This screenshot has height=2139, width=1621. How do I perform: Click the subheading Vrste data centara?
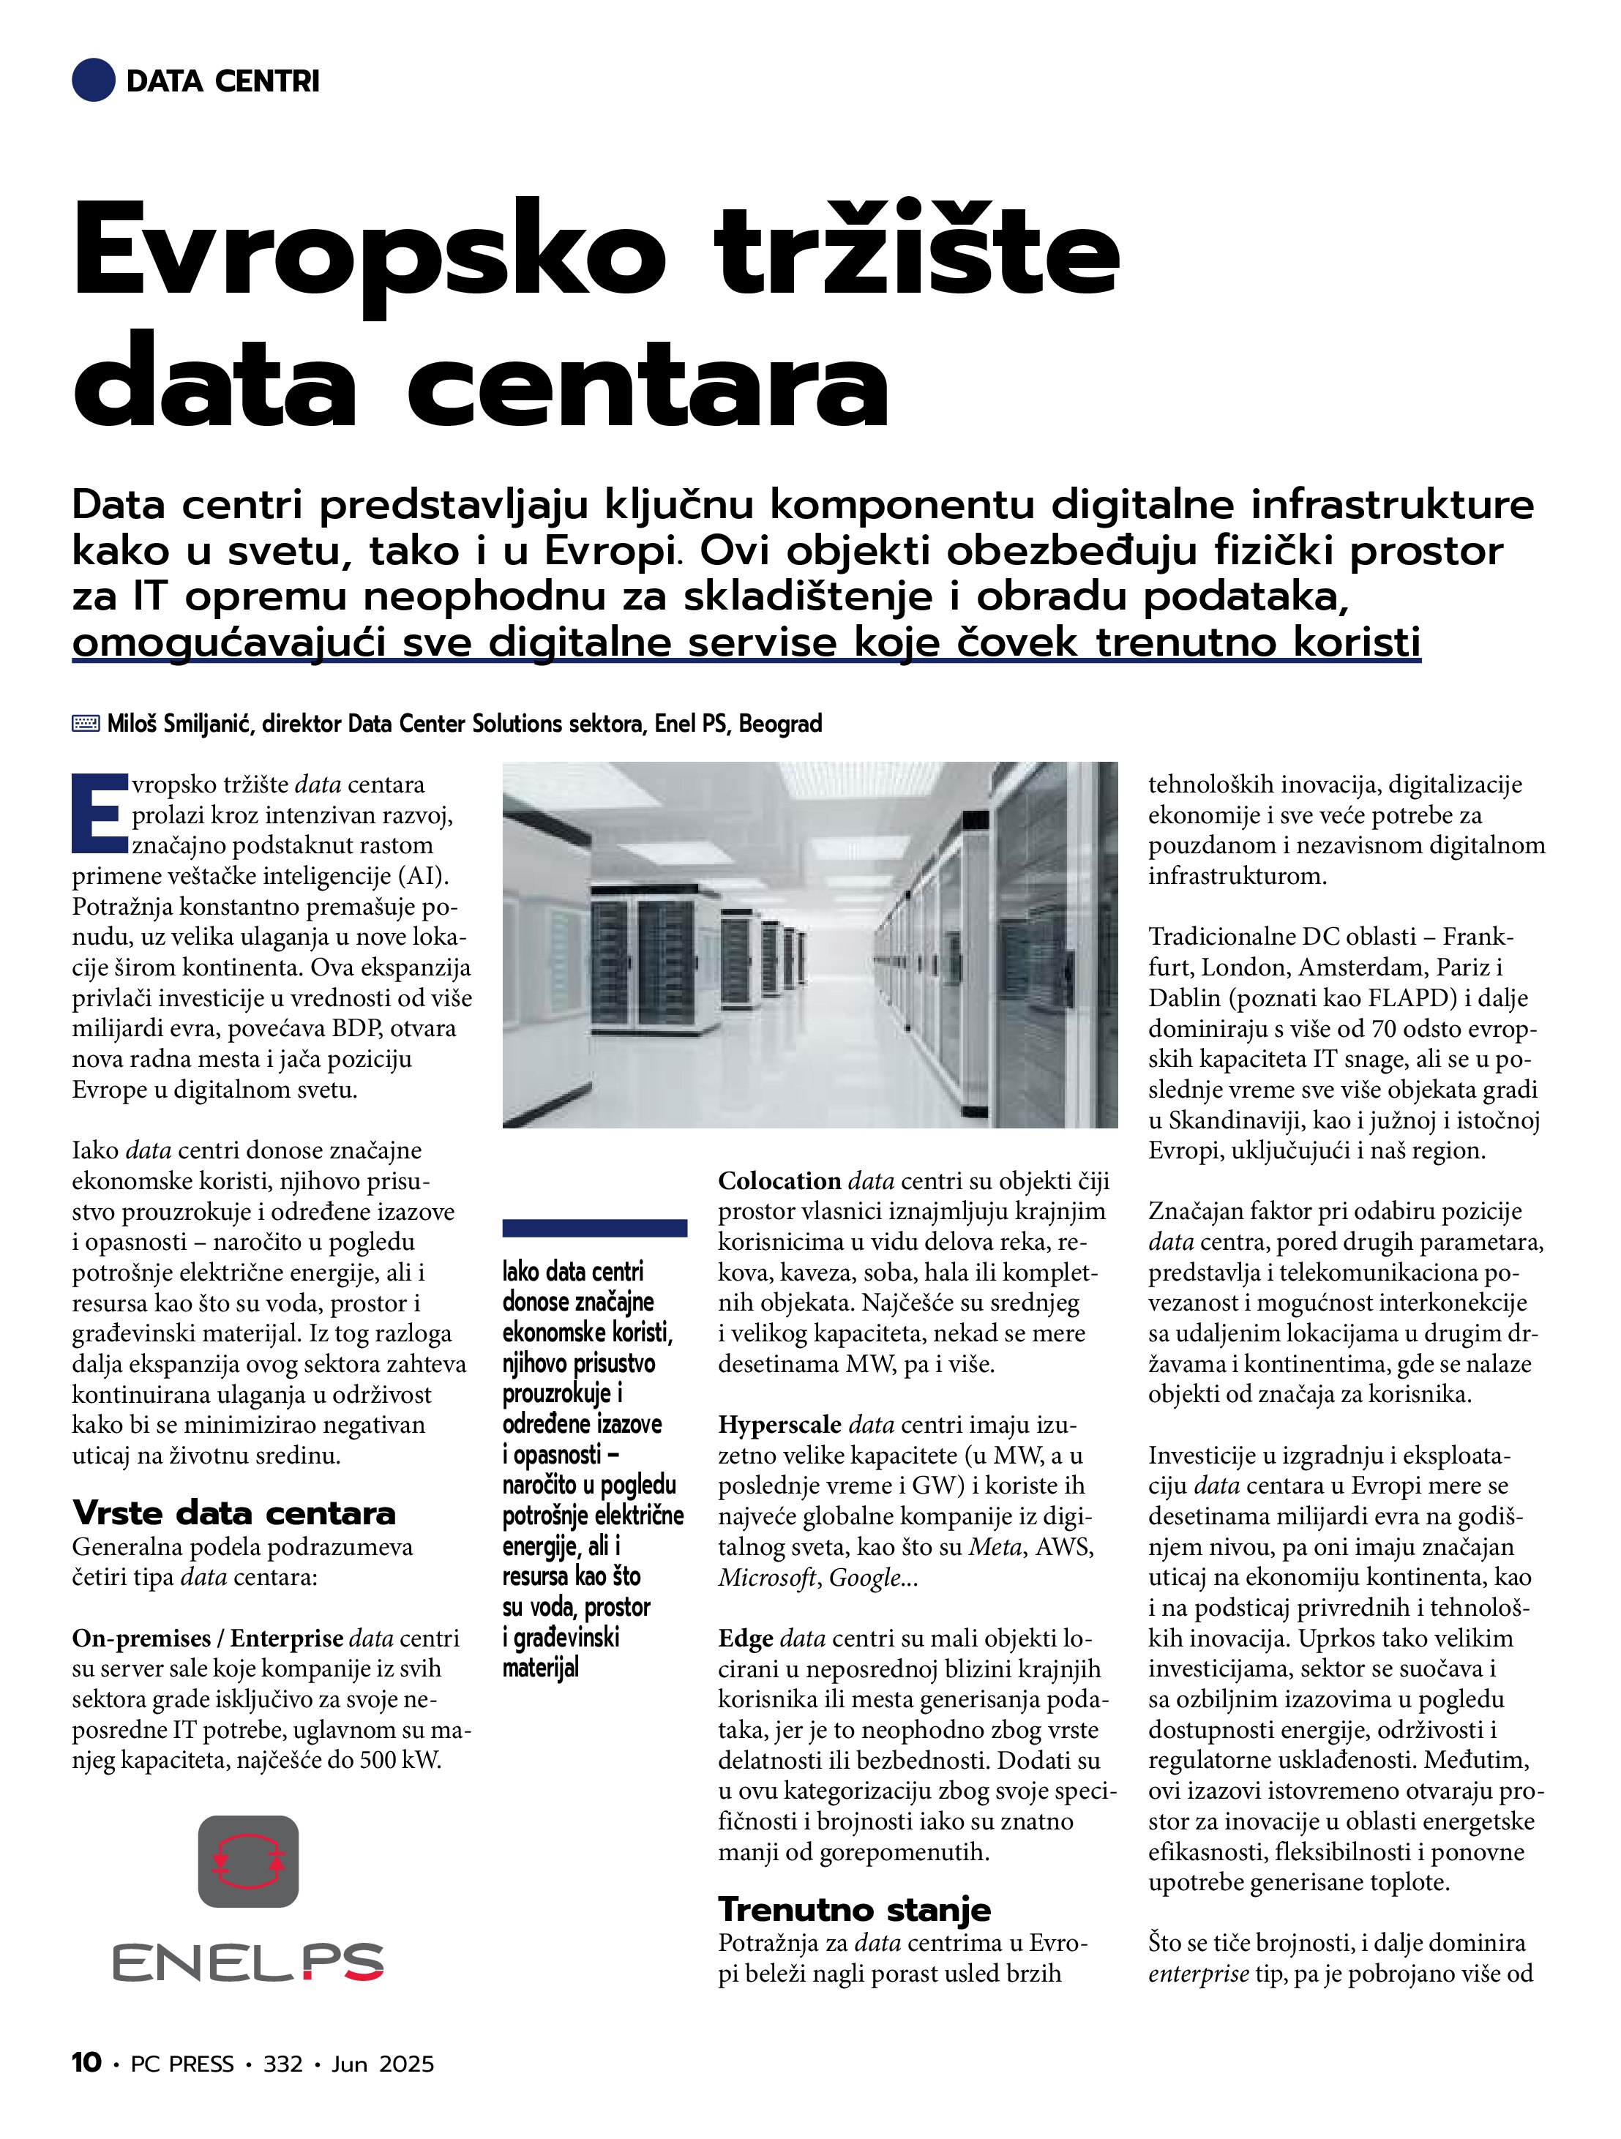pyautogui.click(x=234, y=1513)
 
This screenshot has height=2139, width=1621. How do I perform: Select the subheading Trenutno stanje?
pyautogui.click(x=854, y=1908)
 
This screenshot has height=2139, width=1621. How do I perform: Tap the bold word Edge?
pyautogui.click(x=745, y=1638)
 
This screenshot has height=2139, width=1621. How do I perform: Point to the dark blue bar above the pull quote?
pyautogui.click(x=595, y=1228)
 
